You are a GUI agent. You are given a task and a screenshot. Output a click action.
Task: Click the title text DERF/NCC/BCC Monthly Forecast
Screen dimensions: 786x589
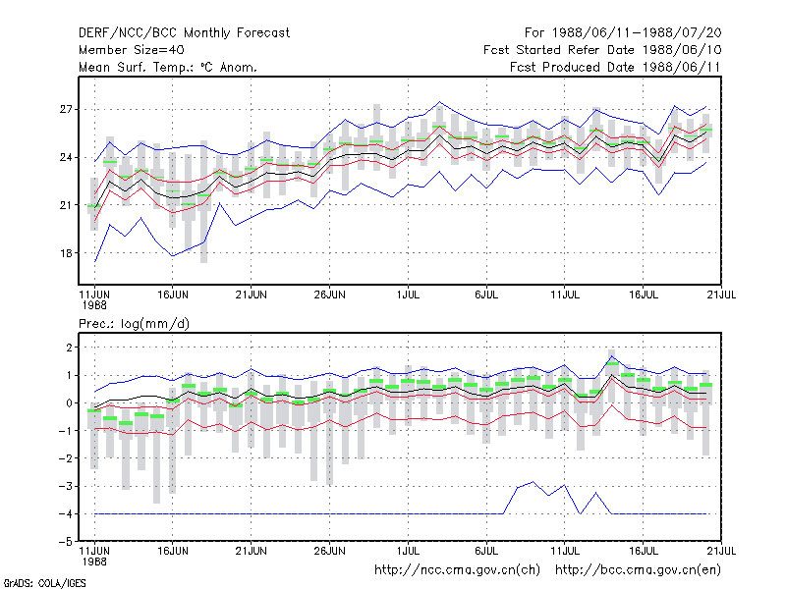(x=184, y=33)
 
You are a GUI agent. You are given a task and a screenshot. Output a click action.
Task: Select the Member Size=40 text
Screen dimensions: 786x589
(x=132, y=50)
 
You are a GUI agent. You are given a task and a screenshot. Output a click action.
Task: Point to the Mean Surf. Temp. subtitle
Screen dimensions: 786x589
(x=167, y=67)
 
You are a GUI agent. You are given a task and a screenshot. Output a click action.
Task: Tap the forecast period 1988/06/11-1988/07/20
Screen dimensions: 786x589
(x=623, y=33)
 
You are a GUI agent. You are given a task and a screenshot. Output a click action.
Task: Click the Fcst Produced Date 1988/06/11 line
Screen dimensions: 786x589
(x=615, y=67)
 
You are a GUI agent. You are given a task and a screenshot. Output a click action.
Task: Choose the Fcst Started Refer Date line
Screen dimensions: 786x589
(x=602, y=50)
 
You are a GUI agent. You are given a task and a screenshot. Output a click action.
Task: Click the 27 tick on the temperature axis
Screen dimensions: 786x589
(x=66, y=109)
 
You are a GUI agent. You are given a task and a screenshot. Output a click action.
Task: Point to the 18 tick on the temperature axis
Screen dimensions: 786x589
(x=66, y=253)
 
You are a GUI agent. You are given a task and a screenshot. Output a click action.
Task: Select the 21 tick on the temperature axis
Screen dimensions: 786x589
(x=66, y=205)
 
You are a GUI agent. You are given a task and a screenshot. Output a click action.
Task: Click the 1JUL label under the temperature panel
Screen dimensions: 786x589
(x=408, y=294)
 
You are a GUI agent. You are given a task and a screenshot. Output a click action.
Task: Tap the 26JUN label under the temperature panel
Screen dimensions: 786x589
(x=329, y=294)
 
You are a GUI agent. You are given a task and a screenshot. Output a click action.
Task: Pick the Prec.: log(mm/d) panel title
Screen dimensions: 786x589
(x=134, y=324)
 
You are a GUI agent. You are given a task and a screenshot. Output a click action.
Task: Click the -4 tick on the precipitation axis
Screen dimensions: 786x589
(x=65, y=513)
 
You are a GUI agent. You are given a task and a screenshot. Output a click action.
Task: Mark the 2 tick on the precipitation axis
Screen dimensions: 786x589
(x=69, y=348)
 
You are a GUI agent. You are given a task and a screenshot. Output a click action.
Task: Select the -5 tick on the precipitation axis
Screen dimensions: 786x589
(x=65, y=542)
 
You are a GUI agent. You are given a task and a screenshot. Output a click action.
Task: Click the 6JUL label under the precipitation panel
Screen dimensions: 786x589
(x=486, y=551)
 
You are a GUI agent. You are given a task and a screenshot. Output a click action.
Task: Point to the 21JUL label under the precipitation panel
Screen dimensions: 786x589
(x=721, y=551)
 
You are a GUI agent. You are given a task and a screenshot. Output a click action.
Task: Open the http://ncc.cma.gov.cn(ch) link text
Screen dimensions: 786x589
(x=457, y=570)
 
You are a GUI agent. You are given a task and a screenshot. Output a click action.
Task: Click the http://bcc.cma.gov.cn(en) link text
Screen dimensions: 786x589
(x=638, y=570)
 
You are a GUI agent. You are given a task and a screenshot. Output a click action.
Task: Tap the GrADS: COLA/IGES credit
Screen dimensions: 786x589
(x=45, y=583)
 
